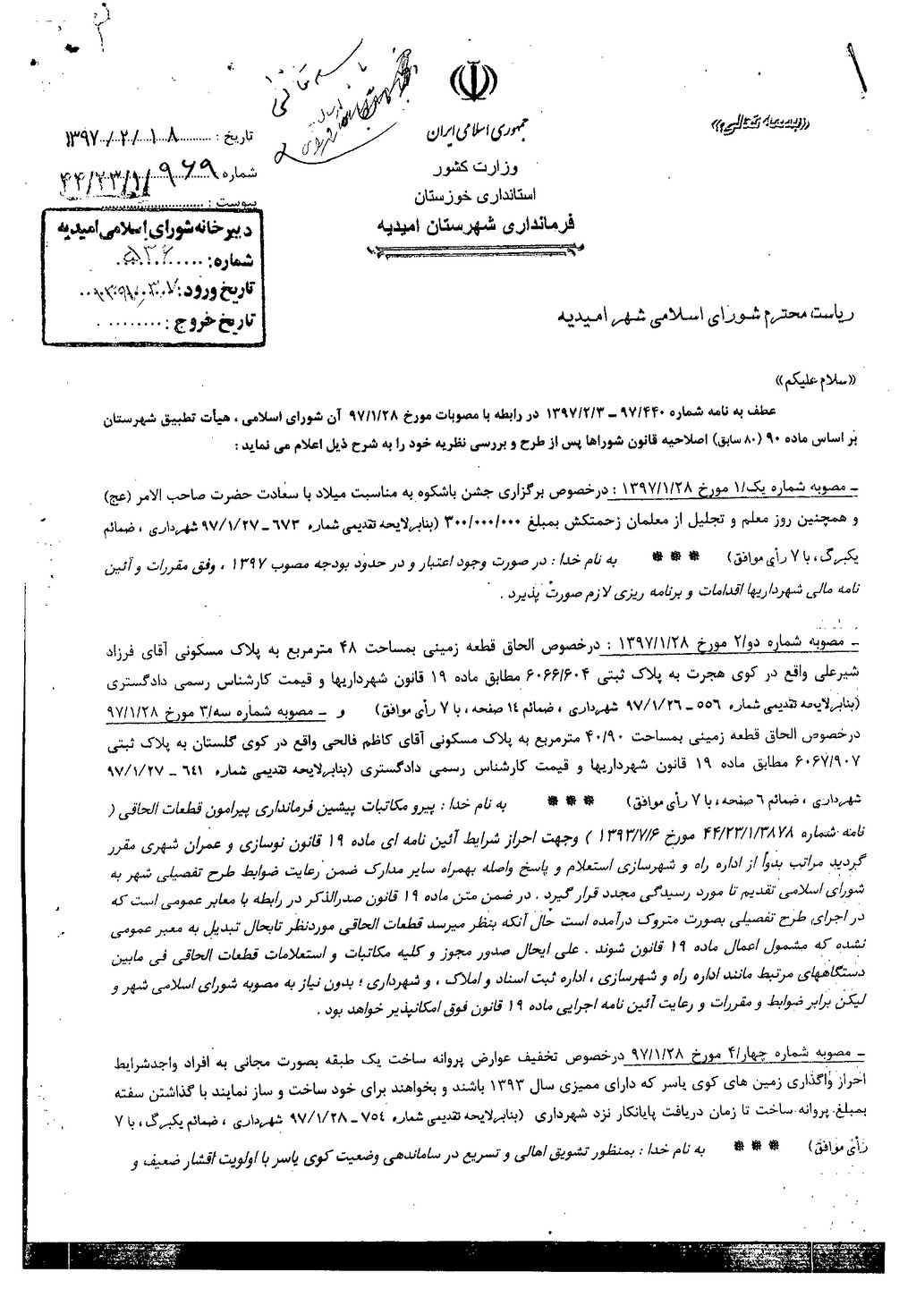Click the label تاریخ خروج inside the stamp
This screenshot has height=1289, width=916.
215,318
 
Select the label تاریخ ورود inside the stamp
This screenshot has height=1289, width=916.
213,290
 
